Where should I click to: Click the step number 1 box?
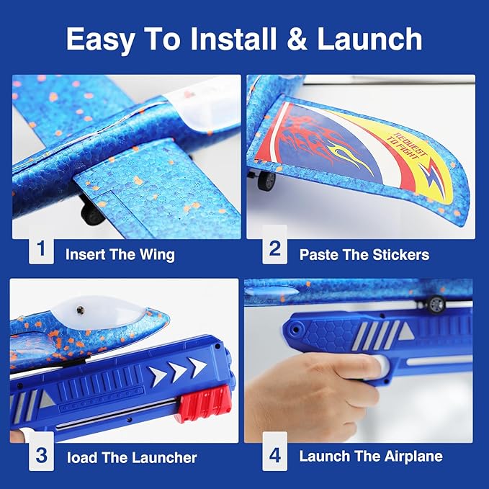click(x=41, y=249)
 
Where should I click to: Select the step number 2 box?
click(x=274, y=249)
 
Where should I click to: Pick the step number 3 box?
click(x=41, y=456)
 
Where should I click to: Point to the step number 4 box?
click(x=274, y=456)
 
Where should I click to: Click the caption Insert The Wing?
click(x=120, y=254)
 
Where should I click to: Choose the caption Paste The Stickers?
click(x=364, y=254)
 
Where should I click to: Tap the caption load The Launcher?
click(x=131, y=457)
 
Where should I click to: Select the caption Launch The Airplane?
click(x=371, y=457)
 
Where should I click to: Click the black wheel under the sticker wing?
click(x=266, y=181)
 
